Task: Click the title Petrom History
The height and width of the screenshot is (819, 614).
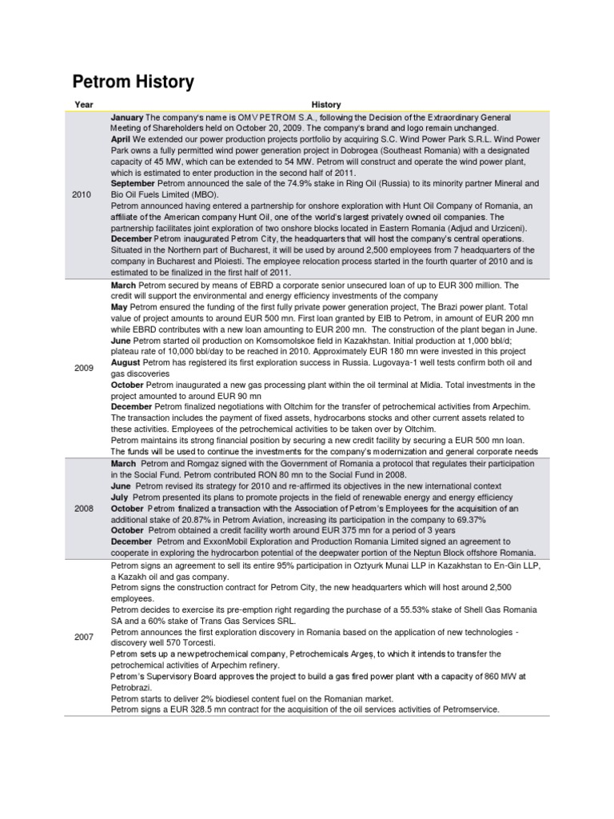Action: (x=133, y=82)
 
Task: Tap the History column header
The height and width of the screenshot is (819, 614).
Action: (x=326, y=105)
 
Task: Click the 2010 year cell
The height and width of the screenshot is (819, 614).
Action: (x=82, y=194)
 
